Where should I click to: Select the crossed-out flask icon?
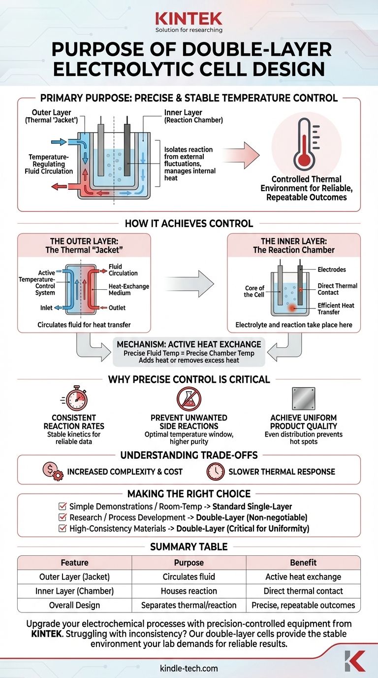[x=188, y=400]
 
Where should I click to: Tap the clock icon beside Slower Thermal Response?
[x=216, y=472]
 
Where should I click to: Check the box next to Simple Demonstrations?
[x=62, y=507]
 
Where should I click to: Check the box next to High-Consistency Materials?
[x=62, y=528]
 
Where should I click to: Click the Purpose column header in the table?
[x=189, y=562]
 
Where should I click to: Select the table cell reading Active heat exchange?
[x=303, y=576]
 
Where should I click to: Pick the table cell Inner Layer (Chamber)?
[x=74, y=591]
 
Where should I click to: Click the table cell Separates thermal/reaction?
[x=189, y=605]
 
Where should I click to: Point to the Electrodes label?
[x=332, y=270]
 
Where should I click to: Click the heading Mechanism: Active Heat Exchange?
[x=189, y=343]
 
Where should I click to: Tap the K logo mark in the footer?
[x=354, y=661]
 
